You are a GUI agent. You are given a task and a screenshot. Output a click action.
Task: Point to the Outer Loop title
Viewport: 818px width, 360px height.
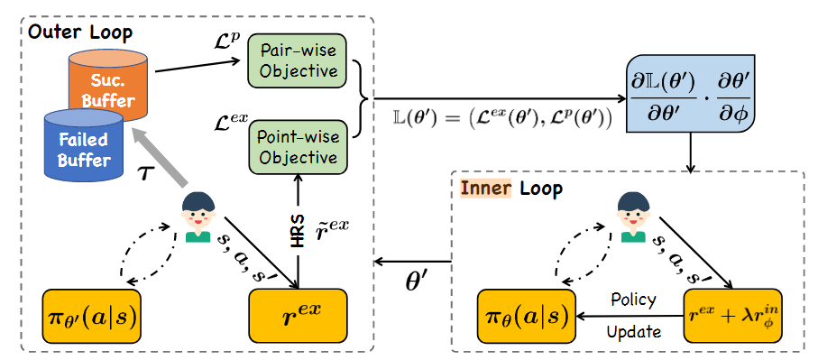click(x=79, y=32)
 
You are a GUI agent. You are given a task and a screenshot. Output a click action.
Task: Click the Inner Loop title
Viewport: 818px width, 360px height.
click(x=511, y=189)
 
